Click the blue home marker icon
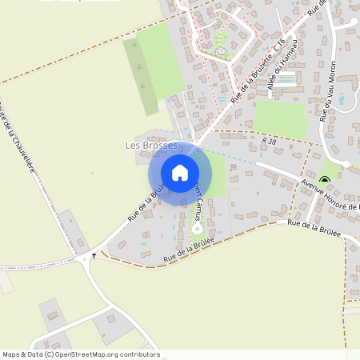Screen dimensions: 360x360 (180, 172)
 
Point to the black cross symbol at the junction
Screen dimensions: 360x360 (94, 255)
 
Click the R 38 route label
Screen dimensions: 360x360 (268, 142)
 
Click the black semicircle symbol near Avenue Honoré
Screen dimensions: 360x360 (325, 178)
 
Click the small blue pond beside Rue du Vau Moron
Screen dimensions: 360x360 (342, 101)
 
